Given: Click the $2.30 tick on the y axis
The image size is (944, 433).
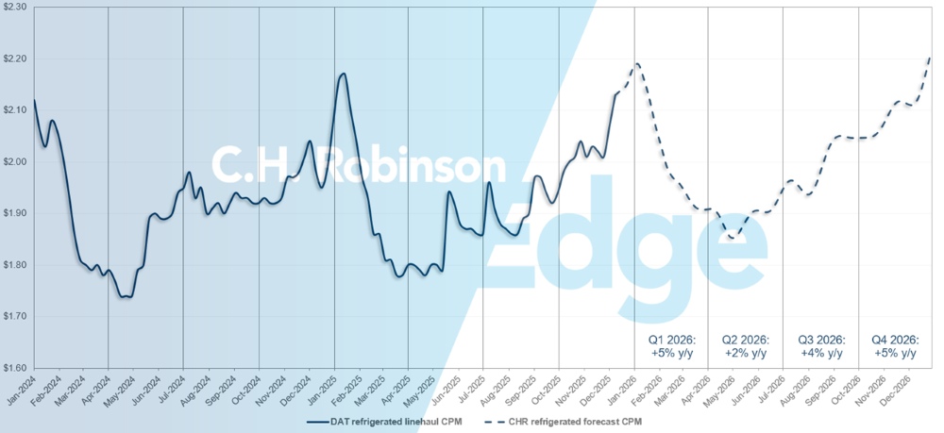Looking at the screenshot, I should (x=14, y=8).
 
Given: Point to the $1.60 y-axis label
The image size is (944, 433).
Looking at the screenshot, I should (x=14, y=367).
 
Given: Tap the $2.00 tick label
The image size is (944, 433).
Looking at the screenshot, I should (x=14, y=161).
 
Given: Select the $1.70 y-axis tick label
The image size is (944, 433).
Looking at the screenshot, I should (x=14, y=316).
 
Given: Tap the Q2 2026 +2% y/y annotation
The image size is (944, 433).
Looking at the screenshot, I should (x=745, y=346).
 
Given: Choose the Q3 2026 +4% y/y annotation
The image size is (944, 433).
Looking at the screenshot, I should (x=820, y=346).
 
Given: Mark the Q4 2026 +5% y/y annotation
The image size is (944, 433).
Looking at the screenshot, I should (x=895, y=346).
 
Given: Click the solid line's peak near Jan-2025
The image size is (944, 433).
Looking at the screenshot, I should (x=343, y=74).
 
